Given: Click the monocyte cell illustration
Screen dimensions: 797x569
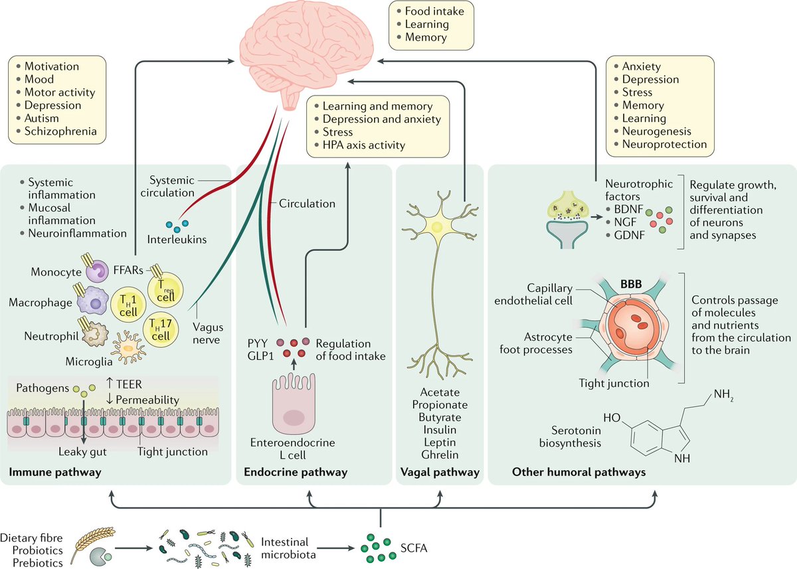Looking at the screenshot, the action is tap(97, 271).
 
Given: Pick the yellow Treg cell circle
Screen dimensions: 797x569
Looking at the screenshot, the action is tap(165, 290).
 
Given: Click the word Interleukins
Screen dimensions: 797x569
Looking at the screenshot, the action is tap(177, 239).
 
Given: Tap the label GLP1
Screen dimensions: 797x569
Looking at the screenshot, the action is tap(261, 356).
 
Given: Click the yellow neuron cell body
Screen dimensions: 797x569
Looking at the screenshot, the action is tap(437, 226).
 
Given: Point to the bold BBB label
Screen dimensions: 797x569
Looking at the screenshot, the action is tap(631, 284).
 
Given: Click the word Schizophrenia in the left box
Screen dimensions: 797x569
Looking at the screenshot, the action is tap(60, 131).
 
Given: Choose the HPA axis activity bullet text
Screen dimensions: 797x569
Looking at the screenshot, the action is tap(364, 145).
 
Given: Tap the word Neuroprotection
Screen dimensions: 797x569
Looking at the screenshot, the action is tap(664, 144).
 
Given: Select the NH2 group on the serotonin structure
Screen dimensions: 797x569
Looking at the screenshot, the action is tap(723, 395).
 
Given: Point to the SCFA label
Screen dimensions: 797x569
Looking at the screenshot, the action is tap(413, 548).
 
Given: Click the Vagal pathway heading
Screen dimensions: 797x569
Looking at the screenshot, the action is tap(440, 472).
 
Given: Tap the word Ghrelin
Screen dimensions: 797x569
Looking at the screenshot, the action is tap(440, 455).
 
